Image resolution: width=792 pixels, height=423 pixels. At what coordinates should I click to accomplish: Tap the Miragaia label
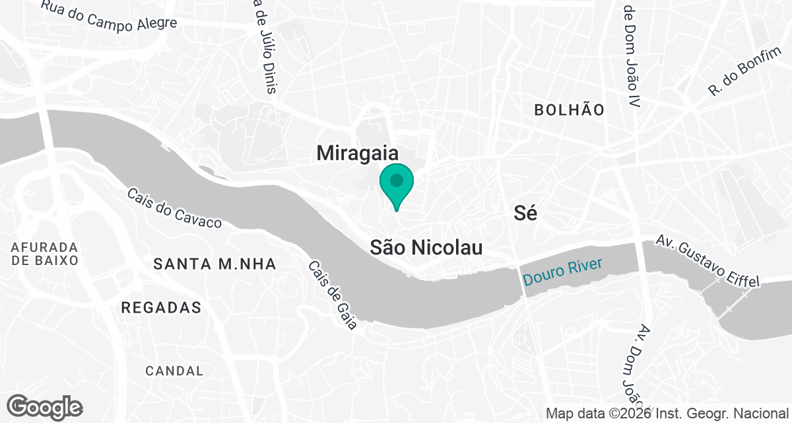coord(358,153)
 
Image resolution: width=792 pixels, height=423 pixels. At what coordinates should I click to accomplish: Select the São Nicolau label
coord(426,248)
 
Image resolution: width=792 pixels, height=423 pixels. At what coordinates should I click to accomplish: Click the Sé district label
coord(525,213)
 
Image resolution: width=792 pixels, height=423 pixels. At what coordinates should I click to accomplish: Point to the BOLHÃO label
coord(570,110)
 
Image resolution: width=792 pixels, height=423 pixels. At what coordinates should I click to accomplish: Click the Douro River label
coord(562,272)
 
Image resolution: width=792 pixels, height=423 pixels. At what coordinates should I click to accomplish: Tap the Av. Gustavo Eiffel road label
coord(708,261)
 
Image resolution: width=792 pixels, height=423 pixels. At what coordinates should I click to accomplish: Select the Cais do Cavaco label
coord(174,209)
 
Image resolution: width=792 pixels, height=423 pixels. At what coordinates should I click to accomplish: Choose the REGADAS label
coord(162,308)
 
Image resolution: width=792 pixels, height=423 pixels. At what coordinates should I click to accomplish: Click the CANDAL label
coord(175,371)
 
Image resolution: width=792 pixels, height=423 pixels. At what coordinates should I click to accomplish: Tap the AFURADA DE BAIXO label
coord(45,253)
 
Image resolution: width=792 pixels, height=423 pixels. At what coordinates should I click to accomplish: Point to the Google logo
coord(44,406)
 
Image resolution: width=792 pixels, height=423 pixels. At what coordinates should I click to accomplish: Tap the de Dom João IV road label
coord(632,53)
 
